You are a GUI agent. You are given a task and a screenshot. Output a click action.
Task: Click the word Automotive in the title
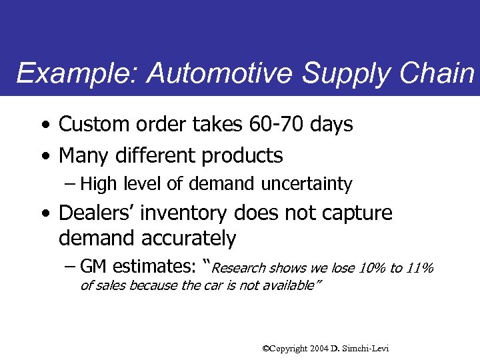click(222, 73)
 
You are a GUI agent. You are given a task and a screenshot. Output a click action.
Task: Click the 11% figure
click(419, 269)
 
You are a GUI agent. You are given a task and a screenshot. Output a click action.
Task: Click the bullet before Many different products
click(44, 157)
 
